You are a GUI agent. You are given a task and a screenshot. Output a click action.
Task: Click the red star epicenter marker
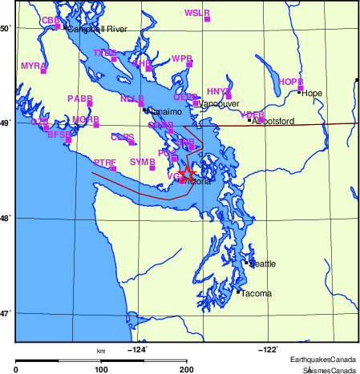tap(186, 173)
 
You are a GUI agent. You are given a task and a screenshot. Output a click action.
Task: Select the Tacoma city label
tap(256, 294)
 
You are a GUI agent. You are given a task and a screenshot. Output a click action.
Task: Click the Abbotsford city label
tap(273, 122)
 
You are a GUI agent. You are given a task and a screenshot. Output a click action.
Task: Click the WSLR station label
tap(196, 13)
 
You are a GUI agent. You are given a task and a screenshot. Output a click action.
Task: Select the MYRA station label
tap(33, 65)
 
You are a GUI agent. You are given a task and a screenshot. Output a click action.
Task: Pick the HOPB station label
tap(290, 82)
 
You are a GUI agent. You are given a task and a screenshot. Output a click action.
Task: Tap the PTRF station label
tap(105, 163)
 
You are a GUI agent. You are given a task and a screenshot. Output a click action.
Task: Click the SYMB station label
tap(142, 162)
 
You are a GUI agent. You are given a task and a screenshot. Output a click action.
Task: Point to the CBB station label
tap(51, 20)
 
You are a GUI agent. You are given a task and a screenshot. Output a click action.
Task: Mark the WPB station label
tap(182, 58)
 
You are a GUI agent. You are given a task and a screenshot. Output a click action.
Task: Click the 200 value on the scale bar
tap(187, 370)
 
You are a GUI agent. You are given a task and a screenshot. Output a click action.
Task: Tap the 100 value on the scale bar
tap(101, 370)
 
